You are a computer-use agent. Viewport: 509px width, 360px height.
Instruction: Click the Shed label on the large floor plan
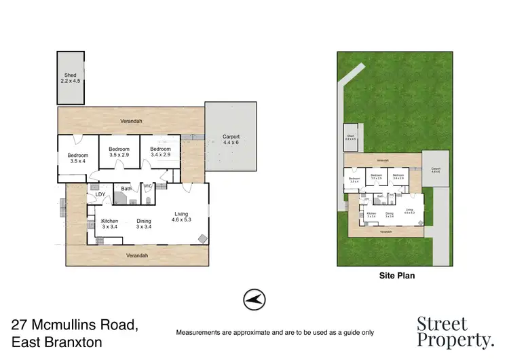click(x=71, y=78)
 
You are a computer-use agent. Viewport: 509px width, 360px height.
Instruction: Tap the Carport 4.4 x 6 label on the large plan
click(x=231, y=140)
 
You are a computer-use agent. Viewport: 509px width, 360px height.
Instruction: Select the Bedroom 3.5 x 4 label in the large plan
click(x=77, y=158)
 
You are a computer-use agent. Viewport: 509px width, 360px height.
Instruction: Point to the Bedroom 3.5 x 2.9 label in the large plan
click(x=119, y=152)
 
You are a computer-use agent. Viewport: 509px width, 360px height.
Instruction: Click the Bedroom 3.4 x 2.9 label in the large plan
click(x=160, y=152)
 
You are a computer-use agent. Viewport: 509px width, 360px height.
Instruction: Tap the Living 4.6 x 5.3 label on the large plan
click(x=181, y=217)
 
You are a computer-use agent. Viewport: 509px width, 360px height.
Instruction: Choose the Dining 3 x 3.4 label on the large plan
click(x=144, y=224)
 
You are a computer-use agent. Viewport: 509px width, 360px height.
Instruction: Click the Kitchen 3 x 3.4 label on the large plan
click(x=110, y=224)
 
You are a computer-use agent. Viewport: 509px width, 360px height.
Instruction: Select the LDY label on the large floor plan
click(x=100, y=195)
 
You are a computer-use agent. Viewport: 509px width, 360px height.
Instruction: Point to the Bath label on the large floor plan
click(x=126, y=189)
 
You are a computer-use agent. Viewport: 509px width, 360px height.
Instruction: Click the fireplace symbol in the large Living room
click(x=202, y=238)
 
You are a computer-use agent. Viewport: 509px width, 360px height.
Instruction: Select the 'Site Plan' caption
click(x=396, y=276)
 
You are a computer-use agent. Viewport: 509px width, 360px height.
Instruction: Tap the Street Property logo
click(x=454, y=331)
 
